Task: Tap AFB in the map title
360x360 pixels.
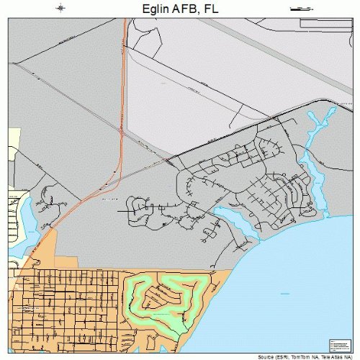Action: point(181,9)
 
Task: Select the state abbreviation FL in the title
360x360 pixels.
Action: point(210,9)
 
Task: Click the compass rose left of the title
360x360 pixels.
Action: point(61,9)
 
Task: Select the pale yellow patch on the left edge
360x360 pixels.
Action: point(14,144)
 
